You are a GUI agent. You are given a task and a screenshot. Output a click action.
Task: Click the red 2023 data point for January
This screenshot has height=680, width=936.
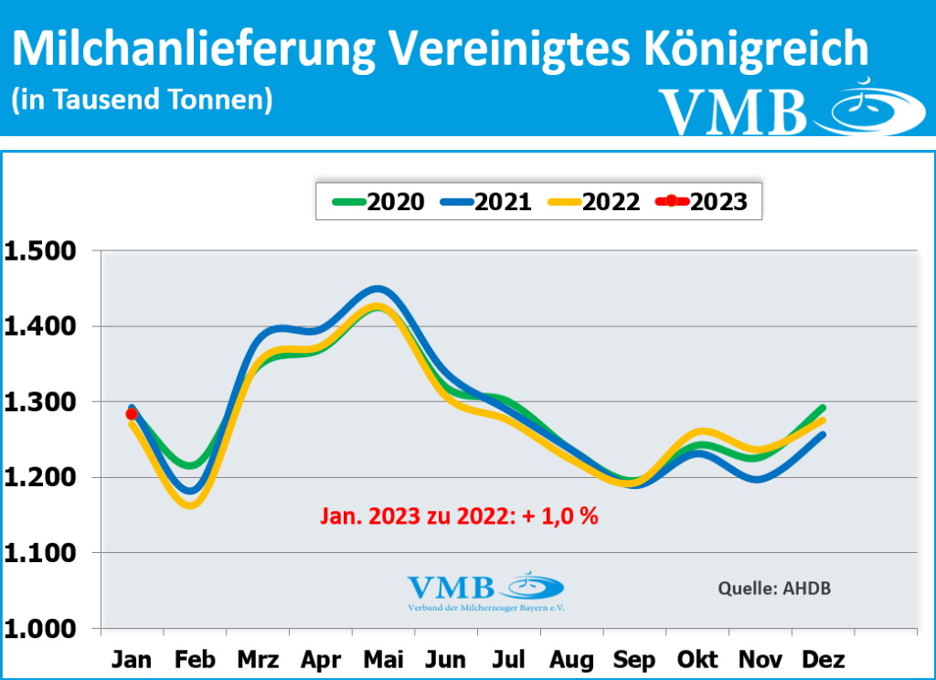point(132,414)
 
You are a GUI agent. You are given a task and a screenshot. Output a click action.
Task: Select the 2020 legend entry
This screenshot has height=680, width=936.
point(378,202)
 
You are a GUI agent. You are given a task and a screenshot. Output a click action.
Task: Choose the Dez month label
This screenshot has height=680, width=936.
point(823,660)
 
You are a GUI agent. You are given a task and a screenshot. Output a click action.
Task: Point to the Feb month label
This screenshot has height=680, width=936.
point(195,660)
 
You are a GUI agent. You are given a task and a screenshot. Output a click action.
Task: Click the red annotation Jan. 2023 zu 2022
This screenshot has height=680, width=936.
point(459,516)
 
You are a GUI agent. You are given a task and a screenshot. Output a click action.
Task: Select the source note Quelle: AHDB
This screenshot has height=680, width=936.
point(774,588)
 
